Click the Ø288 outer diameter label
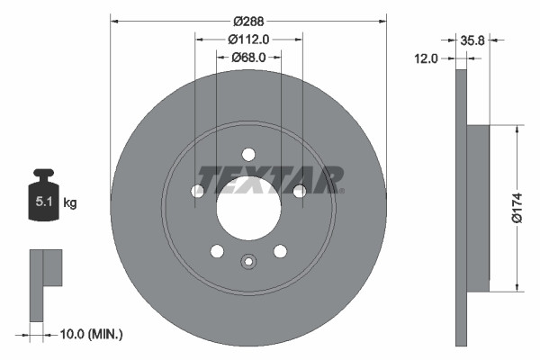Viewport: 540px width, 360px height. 247,19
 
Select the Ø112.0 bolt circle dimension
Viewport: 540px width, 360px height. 248,39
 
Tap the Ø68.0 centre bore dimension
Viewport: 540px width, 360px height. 248,58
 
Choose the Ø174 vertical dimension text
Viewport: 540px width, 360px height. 517,206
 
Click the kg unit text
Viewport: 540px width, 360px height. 70,203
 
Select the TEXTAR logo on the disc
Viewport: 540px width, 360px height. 269,179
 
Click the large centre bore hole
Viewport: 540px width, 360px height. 248,209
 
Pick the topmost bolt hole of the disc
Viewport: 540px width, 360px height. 248,154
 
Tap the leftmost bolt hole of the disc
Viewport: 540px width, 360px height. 197,191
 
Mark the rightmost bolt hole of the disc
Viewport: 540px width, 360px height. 299,190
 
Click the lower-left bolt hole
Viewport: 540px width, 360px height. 217,251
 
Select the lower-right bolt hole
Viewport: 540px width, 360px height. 280,251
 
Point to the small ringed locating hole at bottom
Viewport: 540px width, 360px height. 248,262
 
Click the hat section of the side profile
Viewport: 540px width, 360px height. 478,208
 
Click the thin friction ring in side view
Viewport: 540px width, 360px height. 462,208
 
